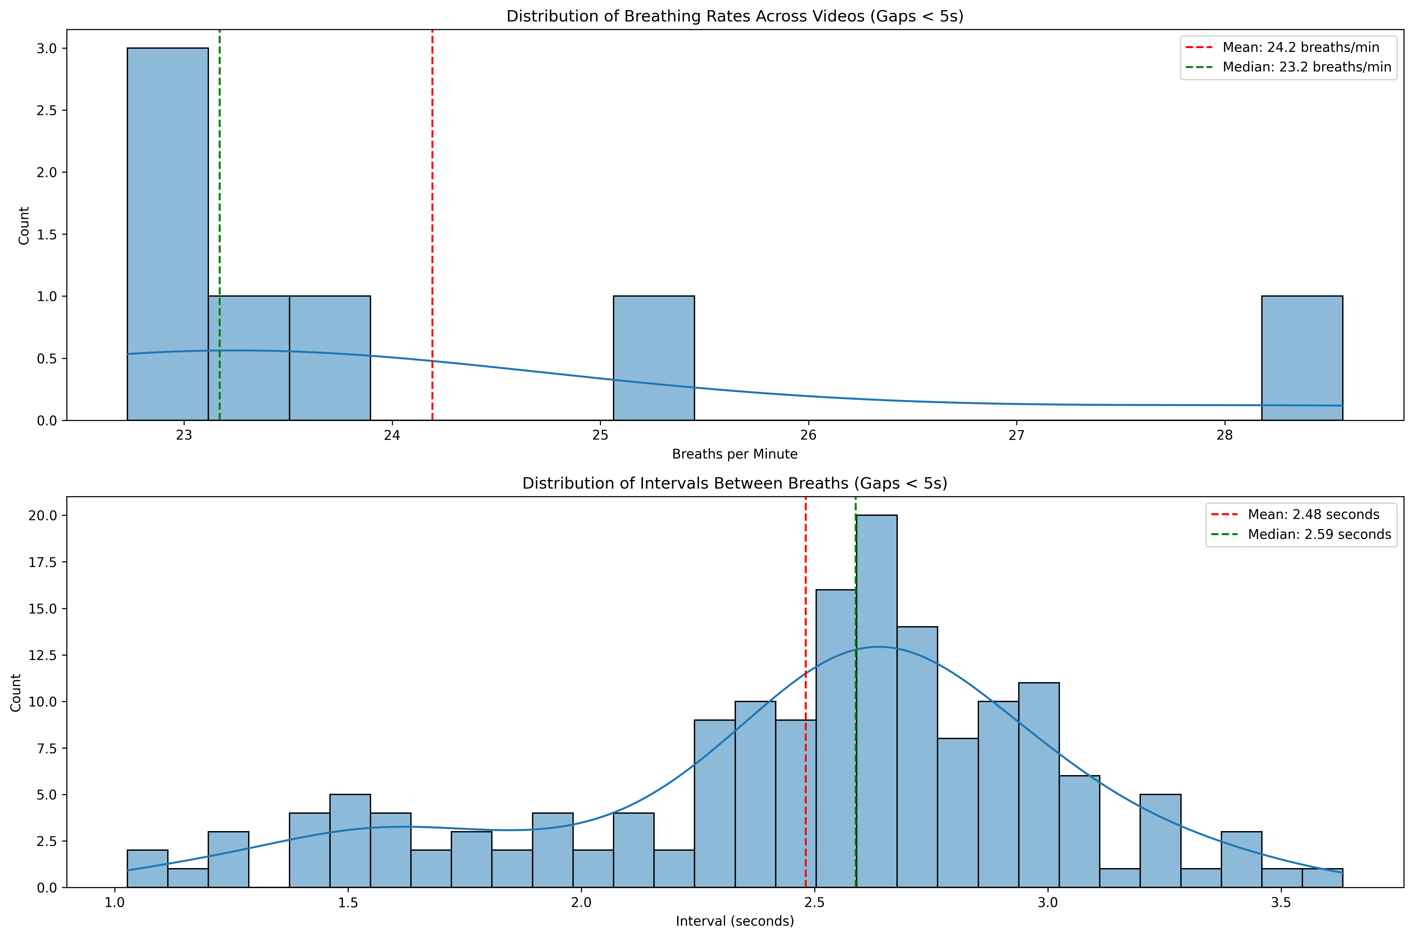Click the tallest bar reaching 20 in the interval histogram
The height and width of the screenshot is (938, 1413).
coord(877,700)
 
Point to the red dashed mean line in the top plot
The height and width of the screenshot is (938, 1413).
coord(432,179)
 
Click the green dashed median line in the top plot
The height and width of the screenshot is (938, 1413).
coord(219,179)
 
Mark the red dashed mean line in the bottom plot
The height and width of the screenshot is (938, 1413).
coord(805,598)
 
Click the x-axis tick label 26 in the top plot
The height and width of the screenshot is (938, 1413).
coord(809,435)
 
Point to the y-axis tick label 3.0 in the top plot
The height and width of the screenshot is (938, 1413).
coord(47,48)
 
